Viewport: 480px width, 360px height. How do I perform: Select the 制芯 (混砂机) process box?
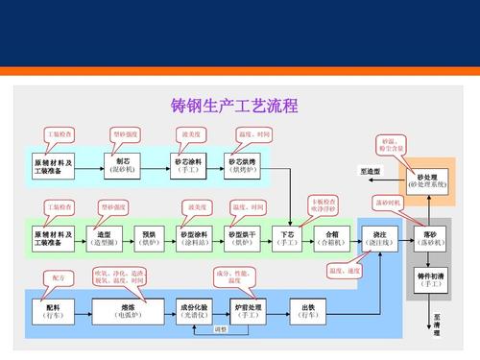pyautogui.click(x=123, y=164)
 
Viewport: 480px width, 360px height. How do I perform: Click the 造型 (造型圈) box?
pyautogui.click(x=105, y=237)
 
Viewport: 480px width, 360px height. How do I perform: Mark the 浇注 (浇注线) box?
pyautogui.click(x=380, y=237)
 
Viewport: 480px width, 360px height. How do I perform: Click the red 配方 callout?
pyautogui.click(x=59, y=277)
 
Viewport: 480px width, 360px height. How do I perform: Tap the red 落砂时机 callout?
pyautogui.click(x=389, y=204)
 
